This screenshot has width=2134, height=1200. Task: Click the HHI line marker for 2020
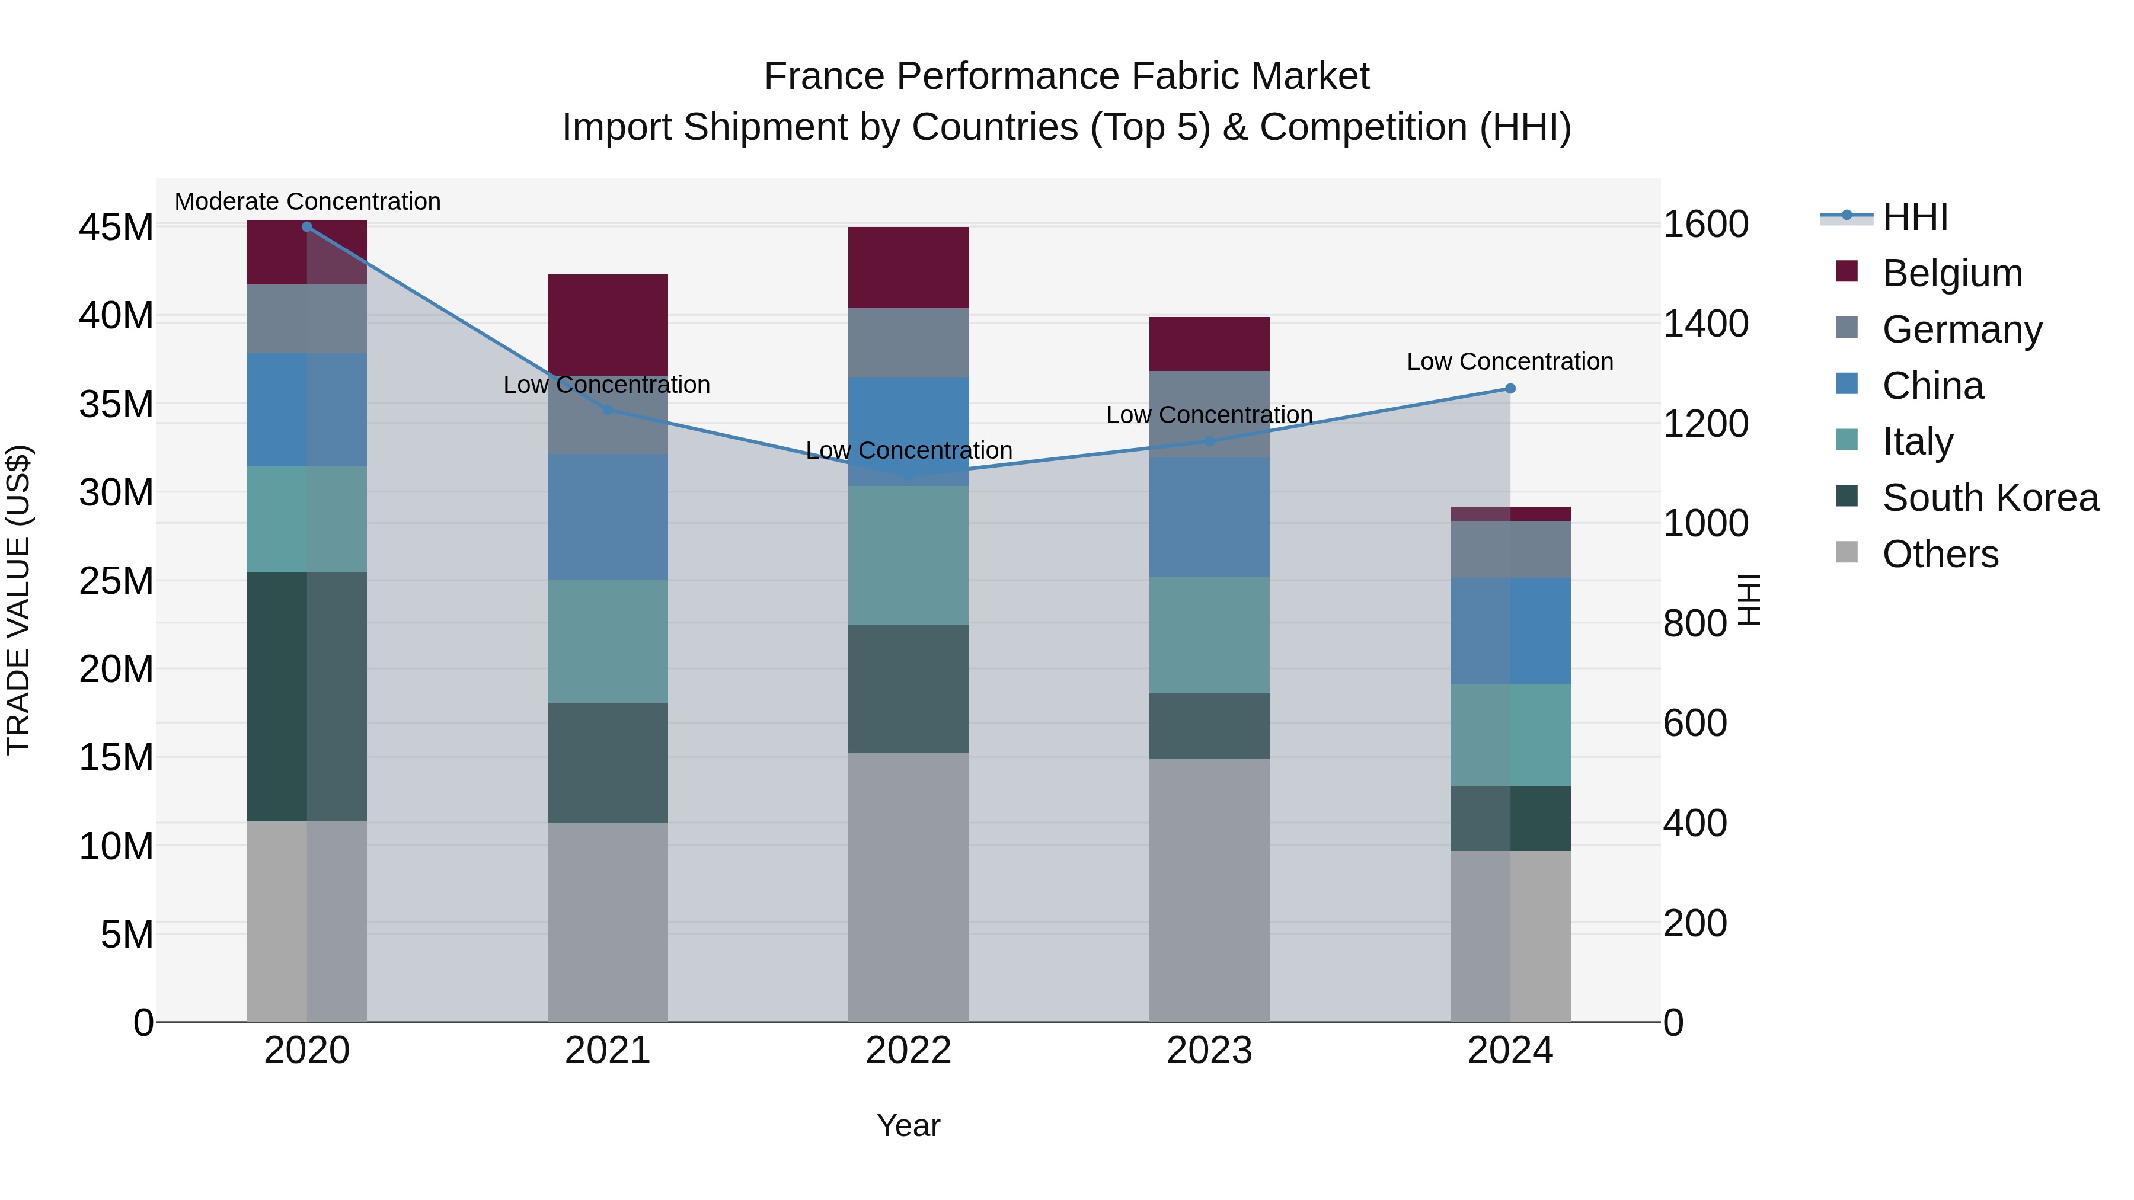click(x=306, y=226)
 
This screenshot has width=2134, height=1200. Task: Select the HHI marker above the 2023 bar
click(x=1209, y=441)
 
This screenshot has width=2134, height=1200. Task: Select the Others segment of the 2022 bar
click(x=908, y=886)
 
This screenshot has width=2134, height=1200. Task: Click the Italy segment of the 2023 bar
click(x=1209, y=634)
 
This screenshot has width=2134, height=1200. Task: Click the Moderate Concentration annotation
click(x=307, y=201)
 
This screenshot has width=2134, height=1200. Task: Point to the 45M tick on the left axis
click(x=116, y=227)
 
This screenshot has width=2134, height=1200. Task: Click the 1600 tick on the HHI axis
click(x=1705, y=225)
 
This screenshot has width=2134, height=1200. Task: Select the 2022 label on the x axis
click(x=908, y=1051)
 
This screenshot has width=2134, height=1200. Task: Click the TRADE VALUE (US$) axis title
click(x=18, y=600)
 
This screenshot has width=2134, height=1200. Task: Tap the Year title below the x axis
click(x=908, y=1125)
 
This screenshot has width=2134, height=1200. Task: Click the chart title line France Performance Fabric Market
click(x=1066, y=76)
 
